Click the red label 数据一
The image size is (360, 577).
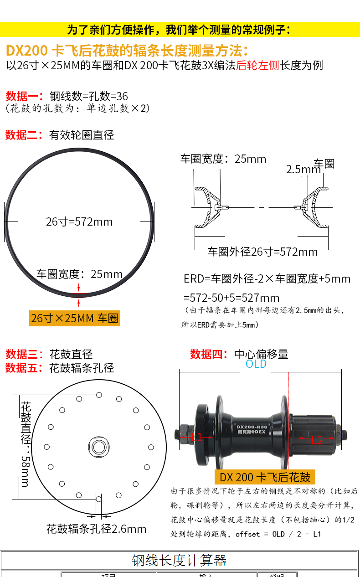click(21, 96)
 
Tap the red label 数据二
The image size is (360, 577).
click(21, 135)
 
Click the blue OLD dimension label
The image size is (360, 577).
click(256, 364)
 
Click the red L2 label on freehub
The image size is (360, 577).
click(317, 440)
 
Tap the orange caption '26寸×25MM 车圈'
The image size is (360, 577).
click(74, 318)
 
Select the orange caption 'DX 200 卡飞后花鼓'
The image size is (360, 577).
click(265, 477)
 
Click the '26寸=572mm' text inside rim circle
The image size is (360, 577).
click(79, 222)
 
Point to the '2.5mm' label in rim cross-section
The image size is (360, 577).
click(303, 170)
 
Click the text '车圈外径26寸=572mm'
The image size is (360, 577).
click(262, 252)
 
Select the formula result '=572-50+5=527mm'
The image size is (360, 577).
click(231, 298)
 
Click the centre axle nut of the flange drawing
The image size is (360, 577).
click(98, 446)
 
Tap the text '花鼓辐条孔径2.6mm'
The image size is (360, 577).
click(96, 529)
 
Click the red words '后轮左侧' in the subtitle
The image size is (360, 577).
click(257, 65)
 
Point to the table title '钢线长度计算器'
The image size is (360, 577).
click(179, 560)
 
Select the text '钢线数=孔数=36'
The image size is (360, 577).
click(88, 96)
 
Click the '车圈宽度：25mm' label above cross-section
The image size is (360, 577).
click(223, 159)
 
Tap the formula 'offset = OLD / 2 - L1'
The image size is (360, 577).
click(278, 534)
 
